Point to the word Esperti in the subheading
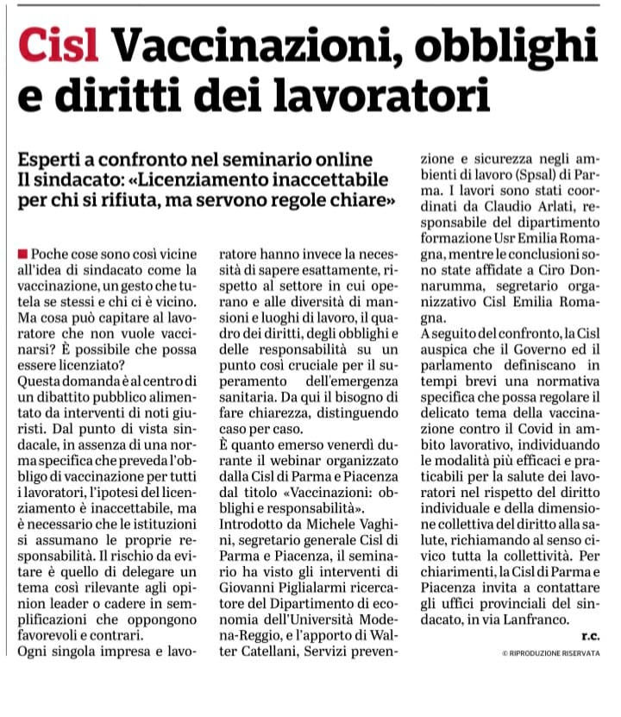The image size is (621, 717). point(60,160)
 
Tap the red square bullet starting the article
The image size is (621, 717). point(23,255)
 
